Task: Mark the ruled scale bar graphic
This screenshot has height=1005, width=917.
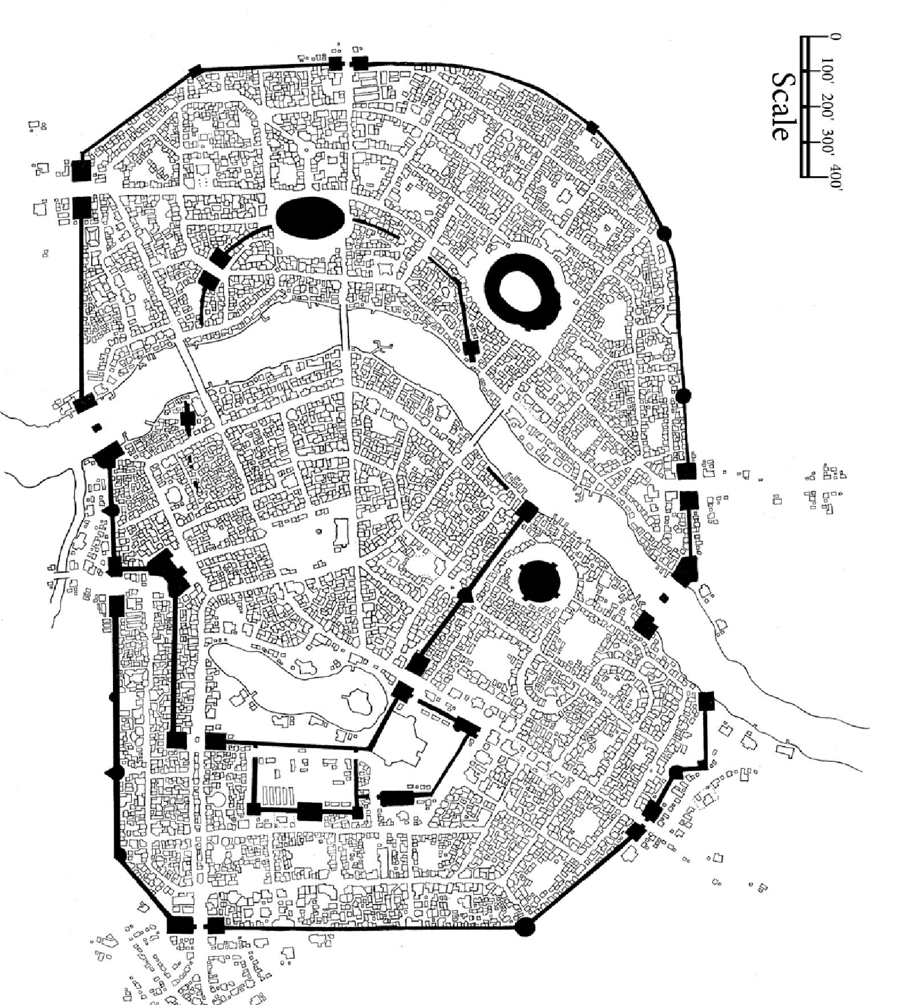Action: [810, 106]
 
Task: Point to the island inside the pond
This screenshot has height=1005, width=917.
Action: [357, 700]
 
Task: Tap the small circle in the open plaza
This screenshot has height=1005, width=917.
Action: [318, 532]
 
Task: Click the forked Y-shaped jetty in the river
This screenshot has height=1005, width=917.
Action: [383, 345]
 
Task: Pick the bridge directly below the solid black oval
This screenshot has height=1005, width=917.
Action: [345, 326]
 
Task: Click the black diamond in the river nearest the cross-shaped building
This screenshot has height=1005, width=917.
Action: [96, 427]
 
